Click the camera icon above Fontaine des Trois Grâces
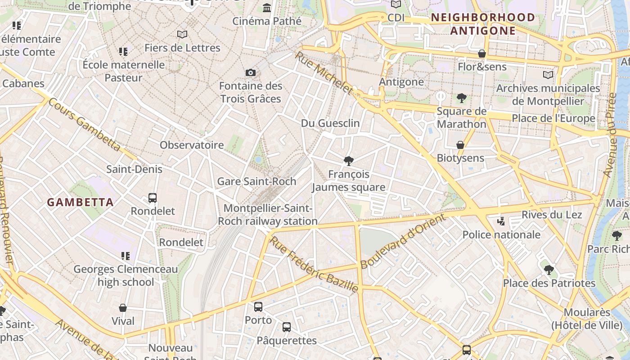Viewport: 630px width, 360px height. (251, 72)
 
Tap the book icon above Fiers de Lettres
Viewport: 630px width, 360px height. (182, 34)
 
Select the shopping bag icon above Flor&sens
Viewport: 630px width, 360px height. (482, 54)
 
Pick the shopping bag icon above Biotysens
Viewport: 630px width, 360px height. (460, 145)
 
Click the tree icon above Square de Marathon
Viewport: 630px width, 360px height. (461, 98)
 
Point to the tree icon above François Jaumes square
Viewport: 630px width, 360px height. (348, 161)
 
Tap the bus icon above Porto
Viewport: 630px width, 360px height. (258, 307)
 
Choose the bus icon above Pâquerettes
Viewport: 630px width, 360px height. (287, 327)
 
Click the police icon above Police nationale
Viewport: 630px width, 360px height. (501, 221)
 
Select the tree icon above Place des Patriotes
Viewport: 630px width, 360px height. (549, 270)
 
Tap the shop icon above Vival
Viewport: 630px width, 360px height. (123, 308)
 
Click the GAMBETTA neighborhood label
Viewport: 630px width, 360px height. (81, 202)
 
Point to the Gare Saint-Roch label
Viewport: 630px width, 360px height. (256, 181)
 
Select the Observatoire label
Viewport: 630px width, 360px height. (192, 145)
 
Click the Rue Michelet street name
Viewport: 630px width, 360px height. (324, 72)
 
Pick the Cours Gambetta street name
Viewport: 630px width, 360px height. (84, 124)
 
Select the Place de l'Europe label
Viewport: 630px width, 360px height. (553, 118)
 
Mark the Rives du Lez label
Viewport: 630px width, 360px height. (552, 215)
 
